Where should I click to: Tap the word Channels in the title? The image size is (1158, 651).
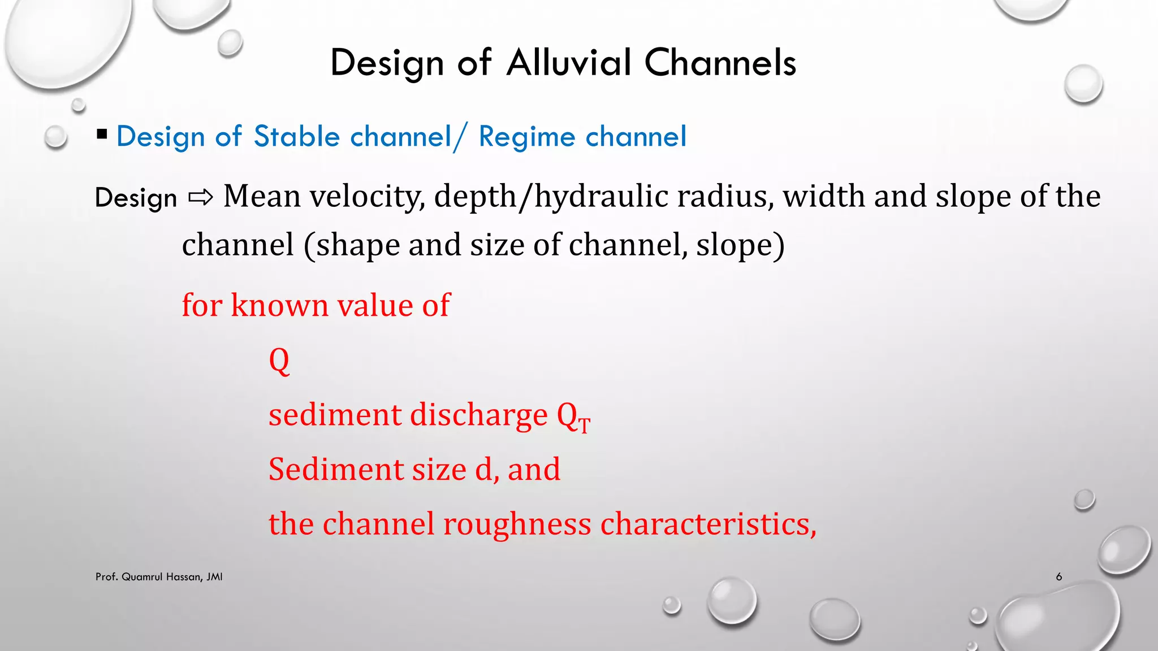720,62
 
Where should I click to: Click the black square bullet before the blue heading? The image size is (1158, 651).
102,134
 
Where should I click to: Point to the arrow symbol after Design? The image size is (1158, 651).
200,197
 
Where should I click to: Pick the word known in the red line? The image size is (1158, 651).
279,305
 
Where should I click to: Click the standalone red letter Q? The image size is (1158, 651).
279,361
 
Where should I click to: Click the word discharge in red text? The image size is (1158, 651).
478,415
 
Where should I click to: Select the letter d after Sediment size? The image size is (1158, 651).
483,469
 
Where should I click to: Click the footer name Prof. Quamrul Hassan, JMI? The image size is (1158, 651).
159,577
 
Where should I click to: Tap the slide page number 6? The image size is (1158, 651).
1058,577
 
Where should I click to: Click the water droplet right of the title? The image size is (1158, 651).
1083,84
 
